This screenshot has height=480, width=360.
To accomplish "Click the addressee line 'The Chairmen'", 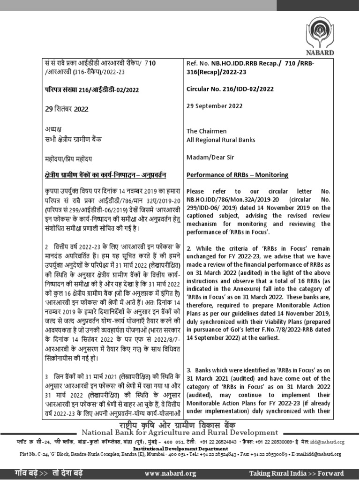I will pos(207,131).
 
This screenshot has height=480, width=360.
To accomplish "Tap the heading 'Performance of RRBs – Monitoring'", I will pos(238,175).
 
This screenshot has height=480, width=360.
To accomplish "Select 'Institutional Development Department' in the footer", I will pos(180,448).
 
